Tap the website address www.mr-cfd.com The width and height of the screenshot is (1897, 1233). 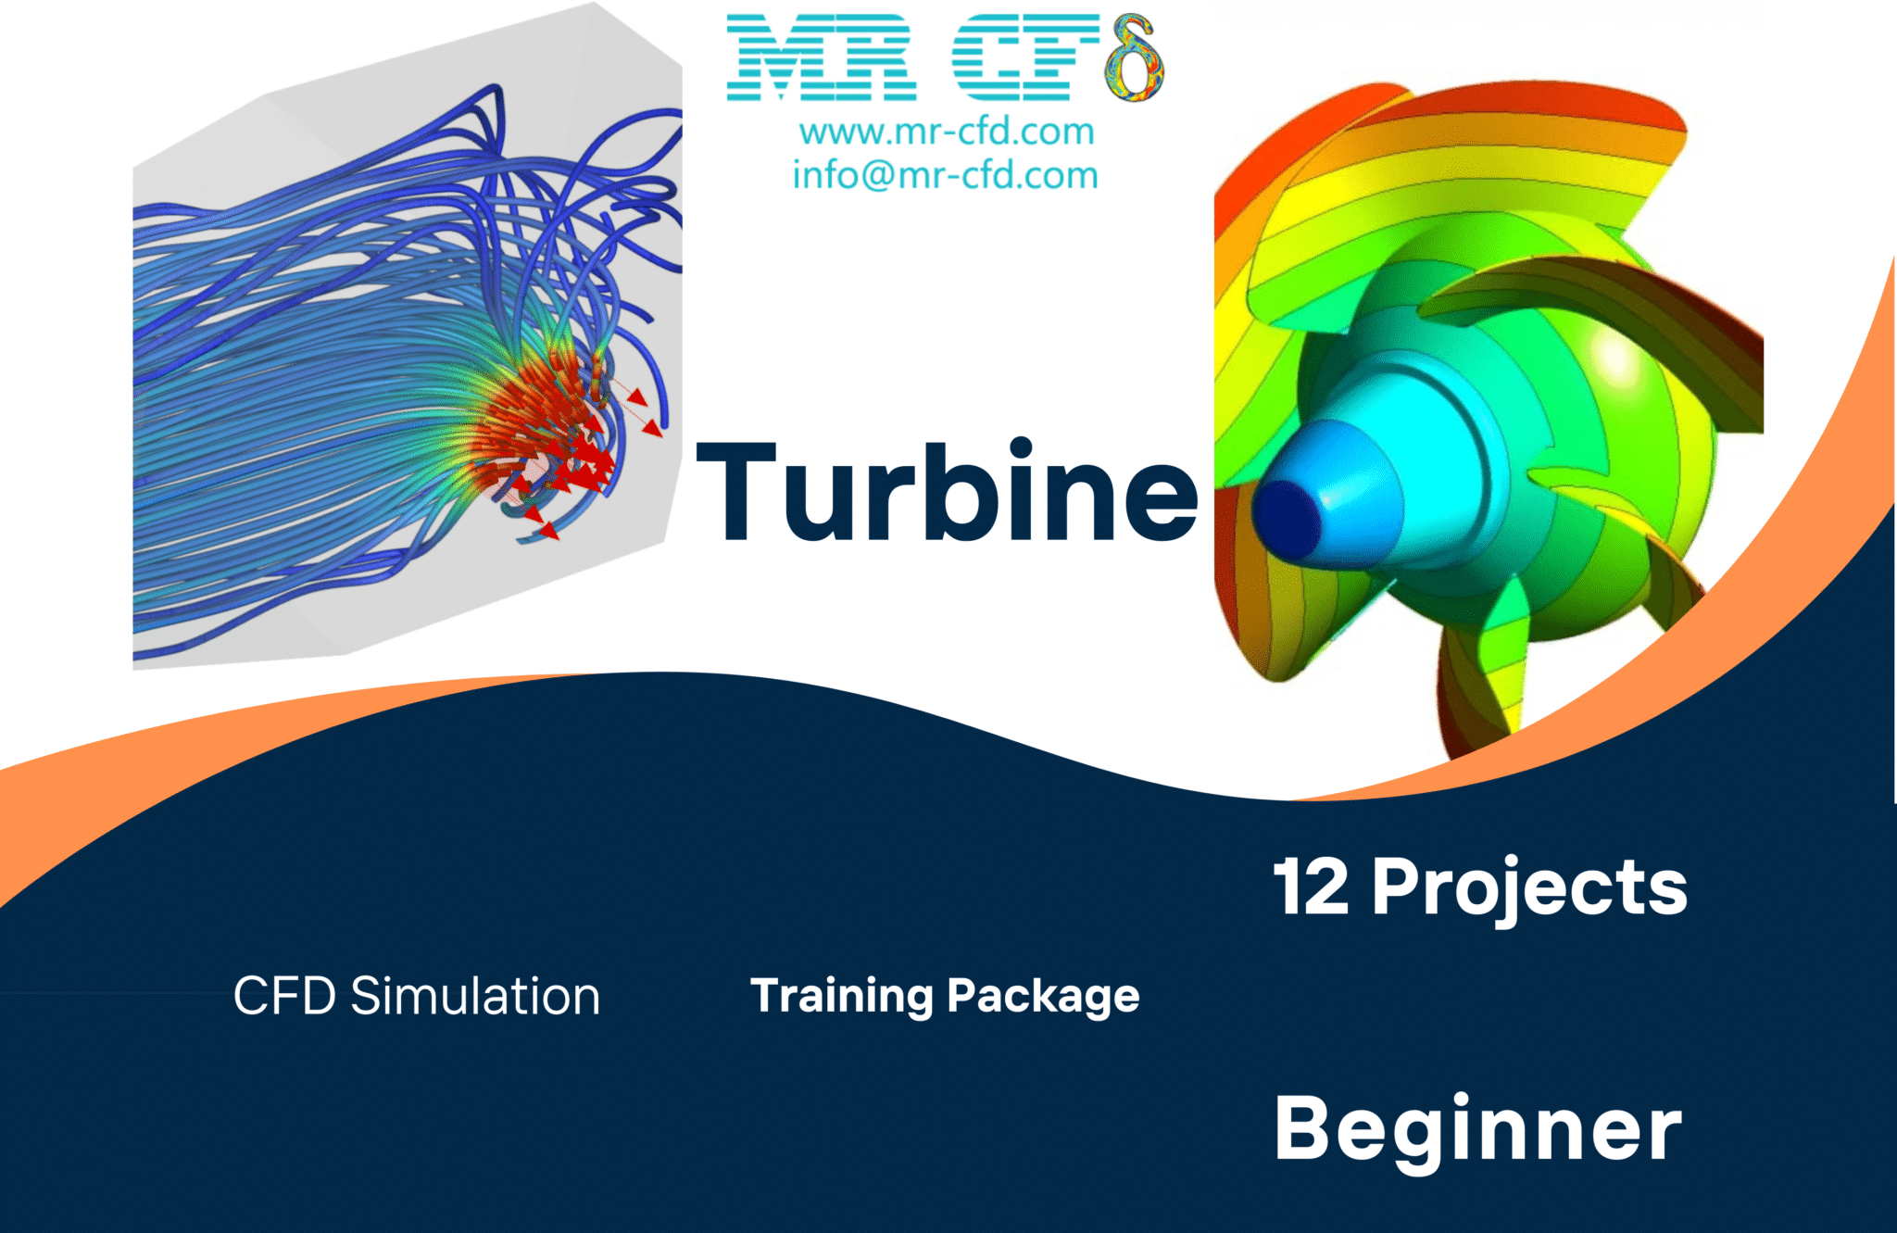pyautogui.click(x=947, y=132)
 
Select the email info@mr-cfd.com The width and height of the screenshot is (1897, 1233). pyautogui.click(x=945, y=175)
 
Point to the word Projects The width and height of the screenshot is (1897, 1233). pyautogui.click(x=1529, y=887)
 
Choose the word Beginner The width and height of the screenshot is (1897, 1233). pyautogui.click(x=1477, y=1129)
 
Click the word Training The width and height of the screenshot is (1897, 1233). pyautogui.click(x=841, y=997)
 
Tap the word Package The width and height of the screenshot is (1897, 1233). pyautogui.click(x=1043, y=997)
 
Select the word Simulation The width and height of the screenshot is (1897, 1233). pyautogui.click(x=475, y=997)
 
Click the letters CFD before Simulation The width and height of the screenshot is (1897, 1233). pyautogui.click(x=284, y=997)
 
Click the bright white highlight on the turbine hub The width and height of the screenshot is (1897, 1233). pyautogui.click(x=1615, y=357)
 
